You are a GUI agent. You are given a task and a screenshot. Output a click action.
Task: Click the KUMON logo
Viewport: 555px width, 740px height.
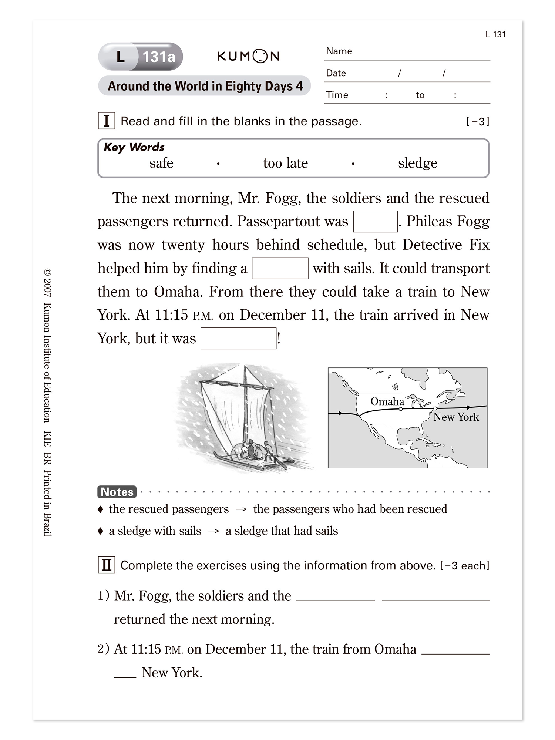pyautogui.click(x=248, y=56)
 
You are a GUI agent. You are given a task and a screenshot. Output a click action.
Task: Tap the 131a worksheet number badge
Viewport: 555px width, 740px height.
pyautogui.click(x=159, y=57)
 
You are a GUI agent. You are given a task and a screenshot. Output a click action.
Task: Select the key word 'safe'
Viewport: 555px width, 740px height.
pyautogui.click(x=161, y=163)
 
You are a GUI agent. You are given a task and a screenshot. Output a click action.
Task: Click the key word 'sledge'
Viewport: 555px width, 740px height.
pyautogui.click(x=417, y=163)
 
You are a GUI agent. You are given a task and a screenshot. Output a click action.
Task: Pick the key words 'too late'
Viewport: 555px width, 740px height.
pyautogui.click(x=285, y=163)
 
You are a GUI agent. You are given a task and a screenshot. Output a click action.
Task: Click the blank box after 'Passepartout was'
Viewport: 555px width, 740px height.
pyautogui.click(x=375, y=222)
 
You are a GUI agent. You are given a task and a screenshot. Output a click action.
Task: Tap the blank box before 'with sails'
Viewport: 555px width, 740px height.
pyautogui.click(x=280, y=268)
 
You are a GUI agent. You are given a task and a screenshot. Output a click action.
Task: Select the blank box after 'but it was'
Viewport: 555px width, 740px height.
pyautogui.click(x=238, y=338)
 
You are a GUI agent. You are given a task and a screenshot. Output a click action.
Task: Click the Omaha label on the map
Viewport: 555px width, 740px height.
pyautogui.click(x=387, y=401)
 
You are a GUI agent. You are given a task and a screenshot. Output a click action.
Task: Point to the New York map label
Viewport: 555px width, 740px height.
pyautogui.click(x=456, y=417)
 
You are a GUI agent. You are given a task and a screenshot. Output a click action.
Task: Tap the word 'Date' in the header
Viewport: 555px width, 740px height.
pyautogui.click(x=336, y=73)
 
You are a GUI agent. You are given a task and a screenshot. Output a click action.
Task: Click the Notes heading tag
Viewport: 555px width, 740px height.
pyautogui.click(x=117, y=492)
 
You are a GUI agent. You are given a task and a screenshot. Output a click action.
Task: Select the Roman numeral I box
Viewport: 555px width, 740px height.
pyautogui.click(x=107, y=121)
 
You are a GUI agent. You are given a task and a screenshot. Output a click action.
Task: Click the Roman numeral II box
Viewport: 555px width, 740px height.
pyautogui.click(x=107, y=565)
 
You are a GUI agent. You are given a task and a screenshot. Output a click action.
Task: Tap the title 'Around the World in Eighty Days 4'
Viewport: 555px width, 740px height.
pyautogui.click(x=205, y=86)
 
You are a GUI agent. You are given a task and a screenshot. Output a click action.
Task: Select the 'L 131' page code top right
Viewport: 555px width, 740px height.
pyautogui.click(x=495, y=34)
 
